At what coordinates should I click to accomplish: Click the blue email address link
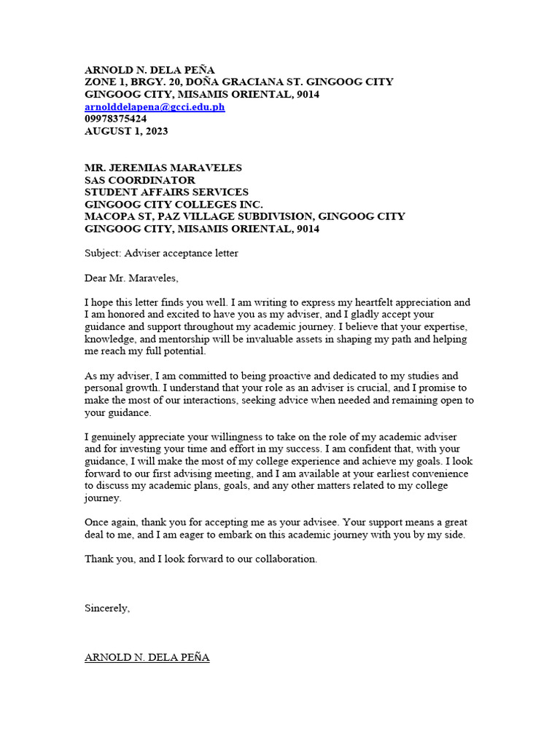[155, 107]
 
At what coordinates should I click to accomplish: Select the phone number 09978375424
[116, 119]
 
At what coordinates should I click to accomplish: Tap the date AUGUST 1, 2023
[126, 131]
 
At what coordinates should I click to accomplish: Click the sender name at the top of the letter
[149, 70]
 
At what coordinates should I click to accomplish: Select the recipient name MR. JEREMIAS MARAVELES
[163, 168]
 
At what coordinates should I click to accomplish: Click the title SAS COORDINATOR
[140, 180]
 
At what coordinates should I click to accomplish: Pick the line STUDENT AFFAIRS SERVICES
[166, 192]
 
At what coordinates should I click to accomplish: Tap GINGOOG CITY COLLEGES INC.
[174, 205]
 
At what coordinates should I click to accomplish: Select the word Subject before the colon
[101, 254]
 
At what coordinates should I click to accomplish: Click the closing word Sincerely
[107, 608]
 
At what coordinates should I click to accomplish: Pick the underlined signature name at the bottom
[147, 657]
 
